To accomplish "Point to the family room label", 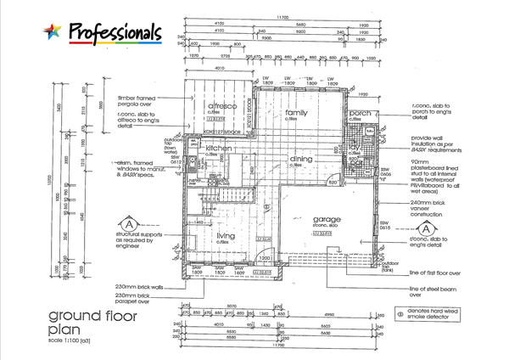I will pyautogui.click(x=296, y=113).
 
